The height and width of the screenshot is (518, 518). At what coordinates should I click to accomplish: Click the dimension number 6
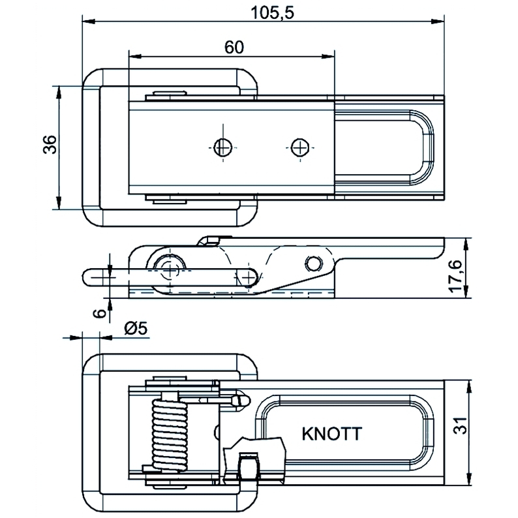pyautogui.click(x=99, y=312)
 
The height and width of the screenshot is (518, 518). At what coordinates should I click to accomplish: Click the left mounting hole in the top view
pyautogui.click(x=222, y=147)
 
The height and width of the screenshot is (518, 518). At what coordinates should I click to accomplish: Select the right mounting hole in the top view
pyautogui.click(x=299, y=147)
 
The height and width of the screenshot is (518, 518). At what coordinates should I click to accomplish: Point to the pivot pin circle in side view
pyautogui.click(x=171, y=266)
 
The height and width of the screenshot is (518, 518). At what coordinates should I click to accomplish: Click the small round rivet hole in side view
pyautogui.click(x=314, y=262)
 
